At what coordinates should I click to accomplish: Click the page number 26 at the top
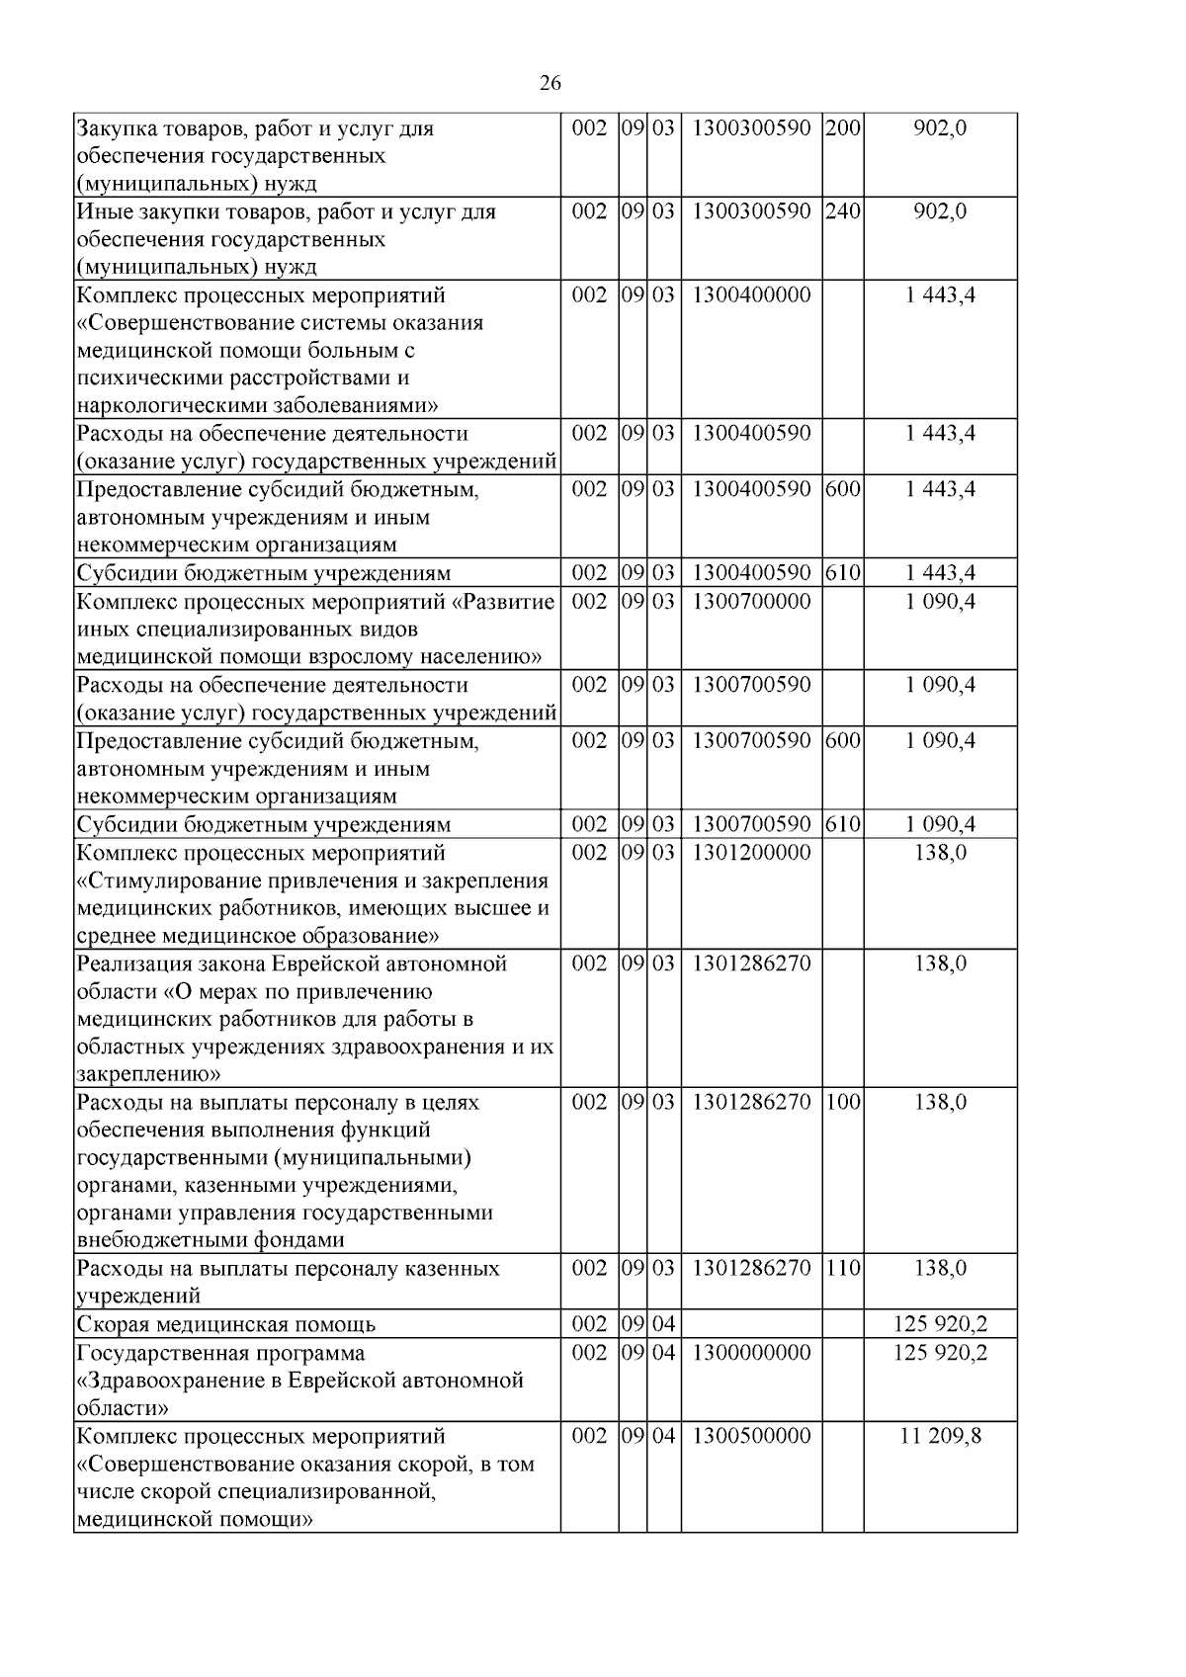coord(551,84)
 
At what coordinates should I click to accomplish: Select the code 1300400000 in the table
coord(751,295)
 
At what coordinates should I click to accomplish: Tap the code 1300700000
coord(751,602)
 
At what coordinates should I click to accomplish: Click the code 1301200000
coord(751,853)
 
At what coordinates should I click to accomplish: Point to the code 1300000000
coord(751,1353)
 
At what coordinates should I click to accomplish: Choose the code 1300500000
coord(751,1436)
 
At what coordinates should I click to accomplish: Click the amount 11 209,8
coord(940,1436)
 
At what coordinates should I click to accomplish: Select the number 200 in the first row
coord(842,128)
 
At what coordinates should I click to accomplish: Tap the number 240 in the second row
coord(842,211)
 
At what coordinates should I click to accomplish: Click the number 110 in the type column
coord(842,1269)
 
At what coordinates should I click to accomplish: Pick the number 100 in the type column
coord(842,1103)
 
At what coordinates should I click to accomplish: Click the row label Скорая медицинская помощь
coord(225,1325)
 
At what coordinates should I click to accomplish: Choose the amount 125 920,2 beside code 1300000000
coord(940,1353)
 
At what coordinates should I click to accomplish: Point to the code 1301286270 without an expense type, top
coord(751,964)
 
